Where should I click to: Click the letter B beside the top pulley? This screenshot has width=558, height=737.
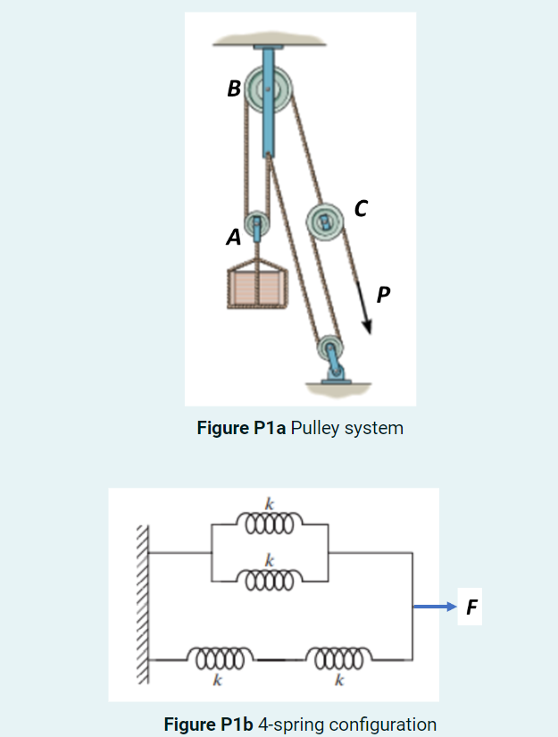(x=234, y=88)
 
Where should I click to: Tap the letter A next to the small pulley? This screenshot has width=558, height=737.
(x=233, y=237)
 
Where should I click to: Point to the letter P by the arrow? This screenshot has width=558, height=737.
(x=383, y=294)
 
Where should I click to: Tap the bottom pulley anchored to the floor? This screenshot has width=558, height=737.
(x=331, y=347)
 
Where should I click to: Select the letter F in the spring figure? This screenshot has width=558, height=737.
(x=471, y=608)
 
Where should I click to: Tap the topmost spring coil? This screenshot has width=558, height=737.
(x=269, y=522)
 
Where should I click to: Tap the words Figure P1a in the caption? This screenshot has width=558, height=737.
(x=241, y=428)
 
